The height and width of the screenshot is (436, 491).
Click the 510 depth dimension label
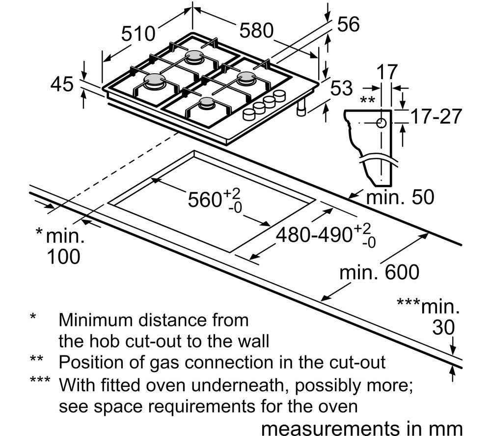(x=138, y=33)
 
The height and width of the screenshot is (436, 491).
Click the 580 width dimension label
(x=256, y=30)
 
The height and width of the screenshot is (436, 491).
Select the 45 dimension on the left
(x=62, y=84)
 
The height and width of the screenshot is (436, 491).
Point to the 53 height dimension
(x=341, y=88)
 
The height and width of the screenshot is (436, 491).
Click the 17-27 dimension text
(x=436, y=116)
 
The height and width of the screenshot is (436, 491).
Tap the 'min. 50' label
(x=400, y=197)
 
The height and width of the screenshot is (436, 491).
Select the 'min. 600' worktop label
(x=379, y=272)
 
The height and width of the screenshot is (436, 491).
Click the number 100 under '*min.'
(x=63, y=257)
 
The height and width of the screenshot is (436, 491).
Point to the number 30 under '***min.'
(x=443, y=327)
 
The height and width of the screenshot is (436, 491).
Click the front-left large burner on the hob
(x=155, y=81)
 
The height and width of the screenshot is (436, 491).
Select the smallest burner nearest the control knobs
(x=207, y=103)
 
